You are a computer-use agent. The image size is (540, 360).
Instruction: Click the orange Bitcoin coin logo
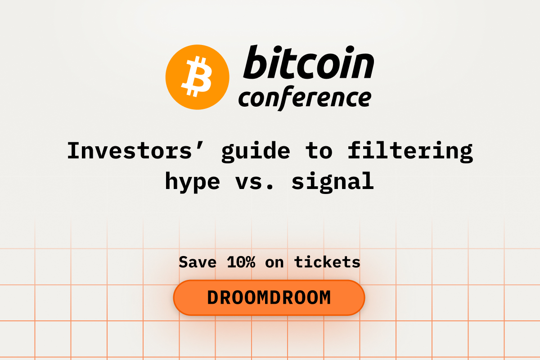197,77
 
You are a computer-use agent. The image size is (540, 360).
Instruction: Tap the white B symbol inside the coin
197,76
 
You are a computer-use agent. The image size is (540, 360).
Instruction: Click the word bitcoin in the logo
309,62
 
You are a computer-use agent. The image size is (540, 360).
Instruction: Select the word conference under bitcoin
305,98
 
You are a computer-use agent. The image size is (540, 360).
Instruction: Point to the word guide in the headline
256,152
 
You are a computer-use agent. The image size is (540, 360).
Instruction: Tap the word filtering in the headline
410,152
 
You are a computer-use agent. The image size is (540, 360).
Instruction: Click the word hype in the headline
193,182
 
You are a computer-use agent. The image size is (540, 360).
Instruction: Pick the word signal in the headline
333,182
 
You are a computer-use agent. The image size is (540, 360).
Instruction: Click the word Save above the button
198,262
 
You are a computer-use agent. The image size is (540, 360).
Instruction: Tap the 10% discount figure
241,262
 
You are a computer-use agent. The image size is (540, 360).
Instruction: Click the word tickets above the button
327,262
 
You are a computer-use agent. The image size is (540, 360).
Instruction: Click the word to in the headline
319,151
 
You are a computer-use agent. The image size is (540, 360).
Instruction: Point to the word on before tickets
274,264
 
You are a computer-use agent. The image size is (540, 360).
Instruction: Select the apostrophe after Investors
200,145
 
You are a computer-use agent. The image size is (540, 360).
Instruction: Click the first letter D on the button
213,298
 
